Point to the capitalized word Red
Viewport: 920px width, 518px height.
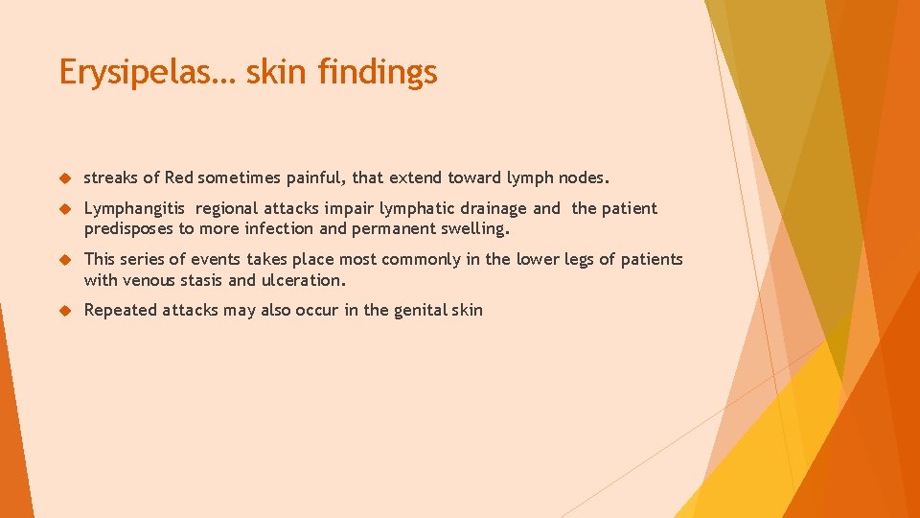179,177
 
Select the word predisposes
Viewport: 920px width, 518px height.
129,229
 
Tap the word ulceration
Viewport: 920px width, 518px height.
303,280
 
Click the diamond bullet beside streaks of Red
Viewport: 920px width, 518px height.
66,178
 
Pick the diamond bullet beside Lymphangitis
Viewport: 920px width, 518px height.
66,209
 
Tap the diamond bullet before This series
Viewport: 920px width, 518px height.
66,260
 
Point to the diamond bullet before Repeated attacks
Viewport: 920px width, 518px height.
66,311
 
